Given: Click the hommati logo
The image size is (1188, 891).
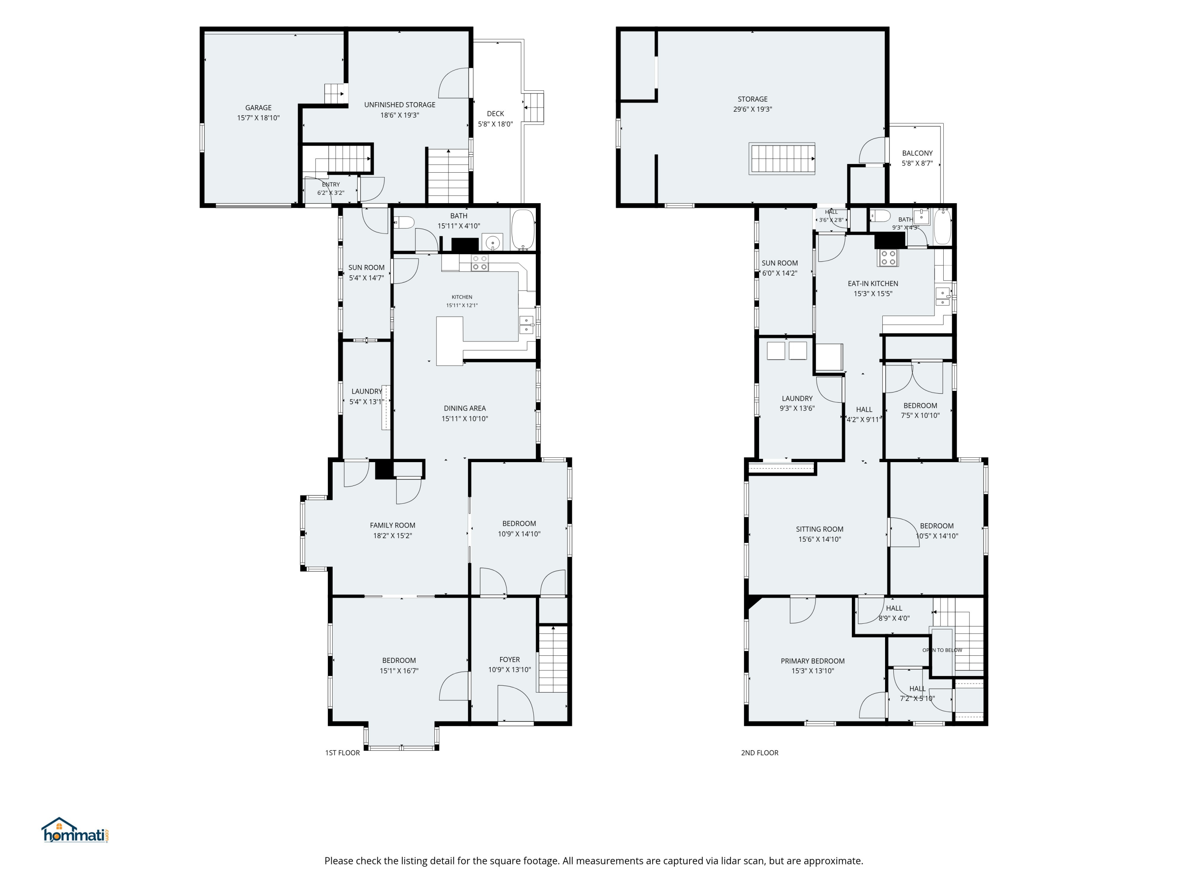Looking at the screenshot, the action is click(x=76, y=830).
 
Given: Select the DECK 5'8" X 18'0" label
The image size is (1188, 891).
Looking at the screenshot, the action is click(x=495, y=119).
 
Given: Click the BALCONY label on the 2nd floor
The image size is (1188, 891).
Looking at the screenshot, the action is click(x=917, y=153).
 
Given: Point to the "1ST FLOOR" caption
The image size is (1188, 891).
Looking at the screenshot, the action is click(x=342, y=752).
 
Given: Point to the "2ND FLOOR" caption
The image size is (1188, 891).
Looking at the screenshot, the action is click(x=760, y=752).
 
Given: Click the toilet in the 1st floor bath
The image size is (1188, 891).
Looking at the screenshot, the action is click(x=404, y=222).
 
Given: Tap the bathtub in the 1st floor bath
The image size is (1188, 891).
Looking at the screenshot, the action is click(x=523, y=229).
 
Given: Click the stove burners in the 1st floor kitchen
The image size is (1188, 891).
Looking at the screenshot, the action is click(x=480, y=263).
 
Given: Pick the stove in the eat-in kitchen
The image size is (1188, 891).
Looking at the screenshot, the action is click(x=888, y=258).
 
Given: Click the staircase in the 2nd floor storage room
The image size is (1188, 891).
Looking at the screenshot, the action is click(x=782, y=158).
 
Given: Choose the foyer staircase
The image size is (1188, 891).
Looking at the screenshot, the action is click(x=553, y=659).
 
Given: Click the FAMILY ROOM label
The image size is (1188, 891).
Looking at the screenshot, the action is click(x=392, y=525).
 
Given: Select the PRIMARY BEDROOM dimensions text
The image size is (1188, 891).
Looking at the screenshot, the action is click(x=813, y=671).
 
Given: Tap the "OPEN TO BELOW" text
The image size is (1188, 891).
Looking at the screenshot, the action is click(x=942, y=650).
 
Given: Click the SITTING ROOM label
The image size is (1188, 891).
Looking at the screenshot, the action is click(x=820, y=529).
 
